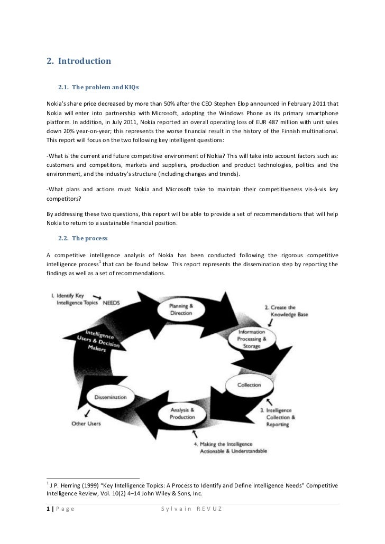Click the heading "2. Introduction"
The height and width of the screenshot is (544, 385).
coord(79,61)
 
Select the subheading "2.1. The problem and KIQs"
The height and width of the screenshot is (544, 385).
coord(95,86)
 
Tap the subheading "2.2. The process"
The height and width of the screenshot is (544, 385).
coord(82,239)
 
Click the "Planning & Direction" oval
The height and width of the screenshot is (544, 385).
coord(181,309)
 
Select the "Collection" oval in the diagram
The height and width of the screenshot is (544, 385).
coord(249,385)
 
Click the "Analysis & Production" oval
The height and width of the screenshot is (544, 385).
coord(182,413)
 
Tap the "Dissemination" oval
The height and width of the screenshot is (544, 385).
coord(111,397)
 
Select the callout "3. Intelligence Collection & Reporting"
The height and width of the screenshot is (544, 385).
coord(280,417)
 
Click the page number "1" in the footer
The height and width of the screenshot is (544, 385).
coord(48,509)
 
